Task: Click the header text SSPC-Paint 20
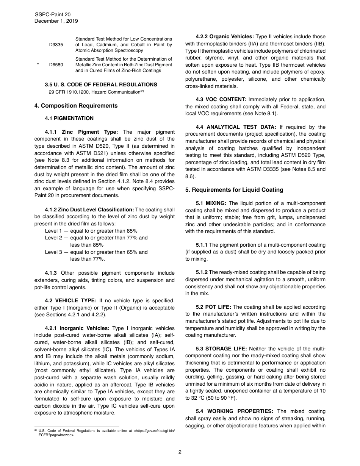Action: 53,14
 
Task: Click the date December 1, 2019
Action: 56,21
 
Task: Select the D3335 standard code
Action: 56,45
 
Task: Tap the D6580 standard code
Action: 56,65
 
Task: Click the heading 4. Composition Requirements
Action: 76,106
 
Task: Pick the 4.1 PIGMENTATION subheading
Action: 69,119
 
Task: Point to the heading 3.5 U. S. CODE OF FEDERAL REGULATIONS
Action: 101,84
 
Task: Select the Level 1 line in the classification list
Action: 91,231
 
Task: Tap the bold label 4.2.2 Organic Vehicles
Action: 225,37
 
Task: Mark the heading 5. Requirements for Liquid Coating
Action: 234,190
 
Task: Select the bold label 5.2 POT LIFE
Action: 213,307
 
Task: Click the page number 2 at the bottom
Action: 180,452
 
